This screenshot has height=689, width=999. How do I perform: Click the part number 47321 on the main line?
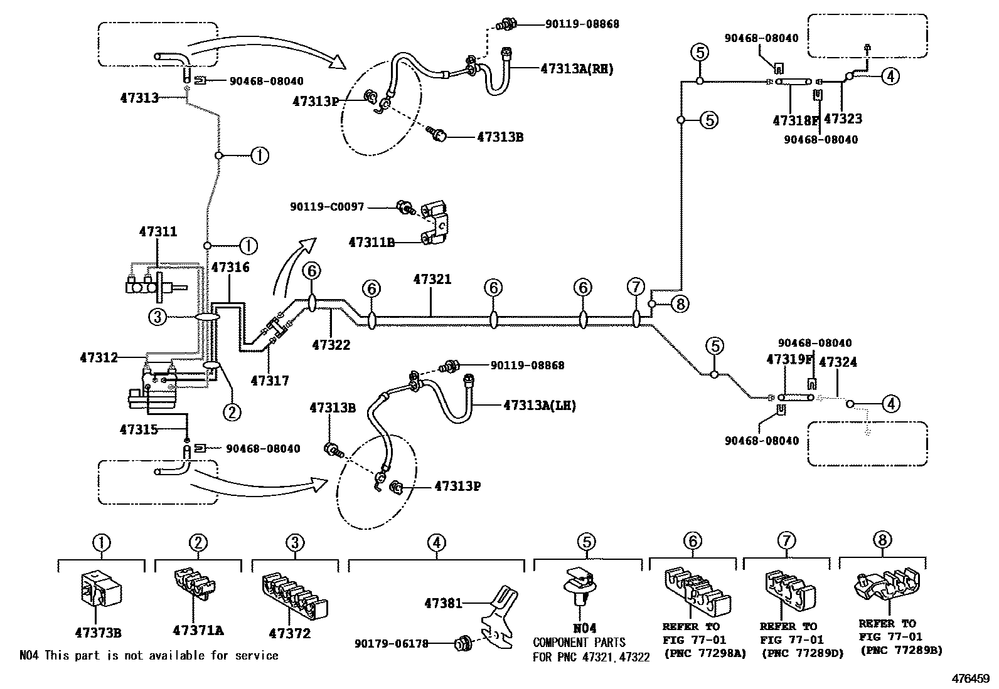click(x=432, y=279)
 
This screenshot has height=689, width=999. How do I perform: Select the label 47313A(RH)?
click(x=577, y=70)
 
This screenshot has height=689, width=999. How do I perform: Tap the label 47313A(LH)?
click(x=539, y=406)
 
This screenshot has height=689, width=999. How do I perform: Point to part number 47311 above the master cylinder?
click(x=158, y=232)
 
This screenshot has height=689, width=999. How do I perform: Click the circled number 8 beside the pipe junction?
click(x=680, y=305)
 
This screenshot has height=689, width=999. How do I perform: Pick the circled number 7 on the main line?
click(x=636, y=287)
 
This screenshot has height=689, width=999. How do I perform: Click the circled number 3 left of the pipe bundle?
click(x=158, y=317)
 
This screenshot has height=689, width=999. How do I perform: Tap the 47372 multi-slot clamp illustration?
click(x=294, y=596)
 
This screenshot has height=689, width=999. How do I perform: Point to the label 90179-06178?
click(x=391, y=643)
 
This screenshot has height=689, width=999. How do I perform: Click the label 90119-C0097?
click(x=326, y=206)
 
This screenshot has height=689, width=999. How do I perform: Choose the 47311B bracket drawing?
click(x=435, y=224)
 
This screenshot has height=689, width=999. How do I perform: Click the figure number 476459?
click(x=970, y=678)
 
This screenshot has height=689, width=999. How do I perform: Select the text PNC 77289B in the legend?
click(x=901, y=651)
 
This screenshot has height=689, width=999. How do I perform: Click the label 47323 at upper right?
click(x=842, y=118)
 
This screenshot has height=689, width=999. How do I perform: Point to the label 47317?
click(x=270, y=380)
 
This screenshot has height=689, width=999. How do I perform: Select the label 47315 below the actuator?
click(x=139, y=429)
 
